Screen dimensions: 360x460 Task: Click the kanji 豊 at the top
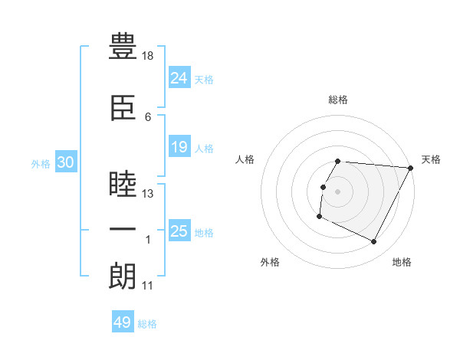[x=123, y=47]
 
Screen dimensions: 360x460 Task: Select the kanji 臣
[x=123, y=107]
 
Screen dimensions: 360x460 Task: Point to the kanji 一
[x=123, y=230]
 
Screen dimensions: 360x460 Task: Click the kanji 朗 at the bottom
[x=123, y=276]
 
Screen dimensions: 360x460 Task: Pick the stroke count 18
[x=148, y=56]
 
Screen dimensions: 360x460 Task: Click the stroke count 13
[x=148, y=194]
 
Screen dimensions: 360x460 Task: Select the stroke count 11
[x=147, y=286]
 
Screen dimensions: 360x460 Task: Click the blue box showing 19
[x=179, y=146]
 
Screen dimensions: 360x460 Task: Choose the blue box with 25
[x=179, y=231]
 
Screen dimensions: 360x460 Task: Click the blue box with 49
[x=123, y=322]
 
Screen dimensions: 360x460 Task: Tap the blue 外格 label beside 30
[x=41, y=163]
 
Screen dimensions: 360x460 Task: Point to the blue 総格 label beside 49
[x=147, y=324]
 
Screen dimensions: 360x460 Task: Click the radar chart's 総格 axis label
[x=338, y=100]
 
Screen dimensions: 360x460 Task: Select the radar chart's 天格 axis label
[x=431, y=159]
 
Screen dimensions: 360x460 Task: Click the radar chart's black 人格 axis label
[x=245, y=159]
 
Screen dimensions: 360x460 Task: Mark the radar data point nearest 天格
[x=411, y=168]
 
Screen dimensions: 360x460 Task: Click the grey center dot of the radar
[x=338, y=191]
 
